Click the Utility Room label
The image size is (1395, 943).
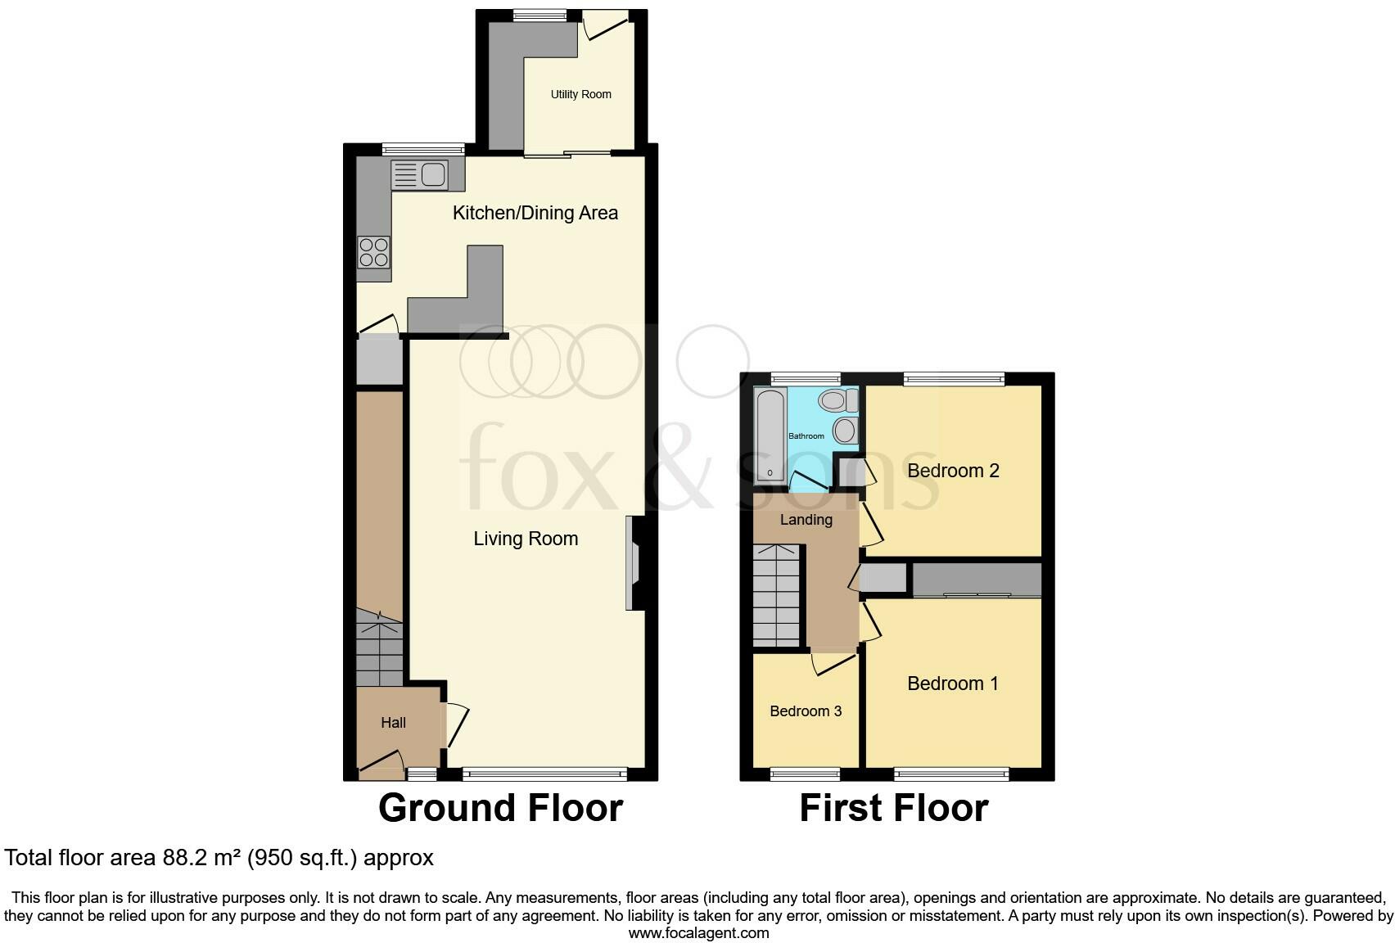[580, 94]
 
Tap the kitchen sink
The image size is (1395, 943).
[419, 174]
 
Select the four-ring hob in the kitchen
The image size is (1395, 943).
[373, 251]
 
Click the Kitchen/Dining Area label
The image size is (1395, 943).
[535, 213]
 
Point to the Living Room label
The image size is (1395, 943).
[526, 539]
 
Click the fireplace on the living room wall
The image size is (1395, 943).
[633, 563]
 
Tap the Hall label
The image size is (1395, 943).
[393, 723]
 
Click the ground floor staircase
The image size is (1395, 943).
[380, 651]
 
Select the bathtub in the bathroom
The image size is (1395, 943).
[770, 435]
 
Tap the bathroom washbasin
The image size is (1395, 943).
[844, 430]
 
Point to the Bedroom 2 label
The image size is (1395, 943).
[953, 471]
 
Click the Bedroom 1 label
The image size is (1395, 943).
[952, 684]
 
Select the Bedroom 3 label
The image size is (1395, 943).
[806, 711]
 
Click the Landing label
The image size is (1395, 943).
[806, 520]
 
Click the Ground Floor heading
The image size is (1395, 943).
[500, 808]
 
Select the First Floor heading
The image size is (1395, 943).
[893, 808]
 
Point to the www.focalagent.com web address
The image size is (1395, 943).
[698, 932]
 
